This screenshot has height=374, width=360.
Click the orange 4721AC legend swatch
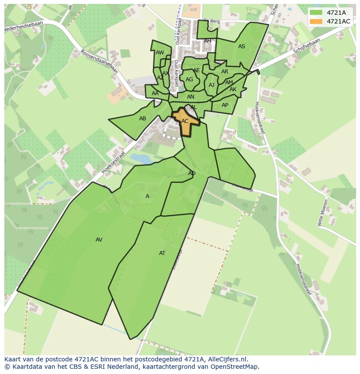coord(316,21)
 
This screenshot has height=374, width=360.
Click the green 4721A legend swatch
coord(316,13)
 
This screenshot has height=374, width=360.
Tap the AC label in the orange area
coord(185,121)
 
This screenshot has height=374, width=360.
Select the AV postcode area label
coord(99,240)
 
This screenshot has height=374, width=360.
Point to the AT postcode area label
coord(162,253)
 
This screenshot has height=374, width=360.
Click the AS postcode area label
coord(242,46)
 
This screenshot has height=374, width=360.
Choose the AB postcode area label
coord(143,119)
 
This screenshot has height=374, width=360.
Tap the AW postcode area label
coord(160,53)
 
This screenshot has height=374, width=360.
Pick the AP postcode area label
coord(225,105)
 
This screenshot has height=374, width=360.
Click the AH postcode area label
coord(207,41)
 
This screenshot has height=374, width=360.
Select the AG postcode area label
coord(189,79)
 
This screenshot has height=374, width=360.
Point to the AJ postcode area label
coord(211,85)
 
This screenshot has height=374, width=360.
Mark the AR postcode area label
coord(225,72)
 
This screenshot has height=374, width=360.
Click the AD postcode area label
coord(192,173)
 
